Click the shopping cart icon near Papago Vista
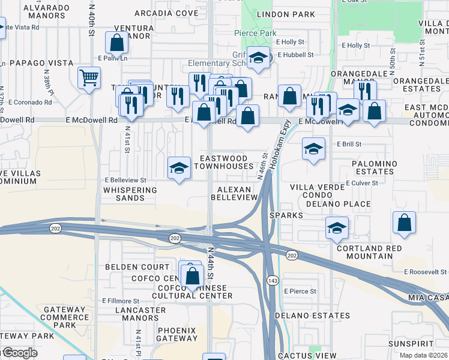click(x=89, y=77)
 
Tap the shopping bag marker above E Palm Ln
click(x=116, y=42)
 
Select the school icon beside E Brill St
click(x=313, y=148)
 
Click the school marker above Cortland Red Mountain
click(x=337, y=228)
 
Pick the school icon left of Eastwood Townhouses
click(x=179, y=168)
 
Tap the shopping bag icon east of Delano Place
click(x=405, y=222)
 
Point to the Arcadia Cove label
click(x=166, y=13)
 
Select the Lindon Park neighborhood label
click(x=277, y=13)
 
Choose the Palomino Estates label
click(x=365, y=167)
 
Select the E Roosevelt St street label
click(x=426, y=272)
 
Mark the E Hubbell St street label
click(x=294, y=55)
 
